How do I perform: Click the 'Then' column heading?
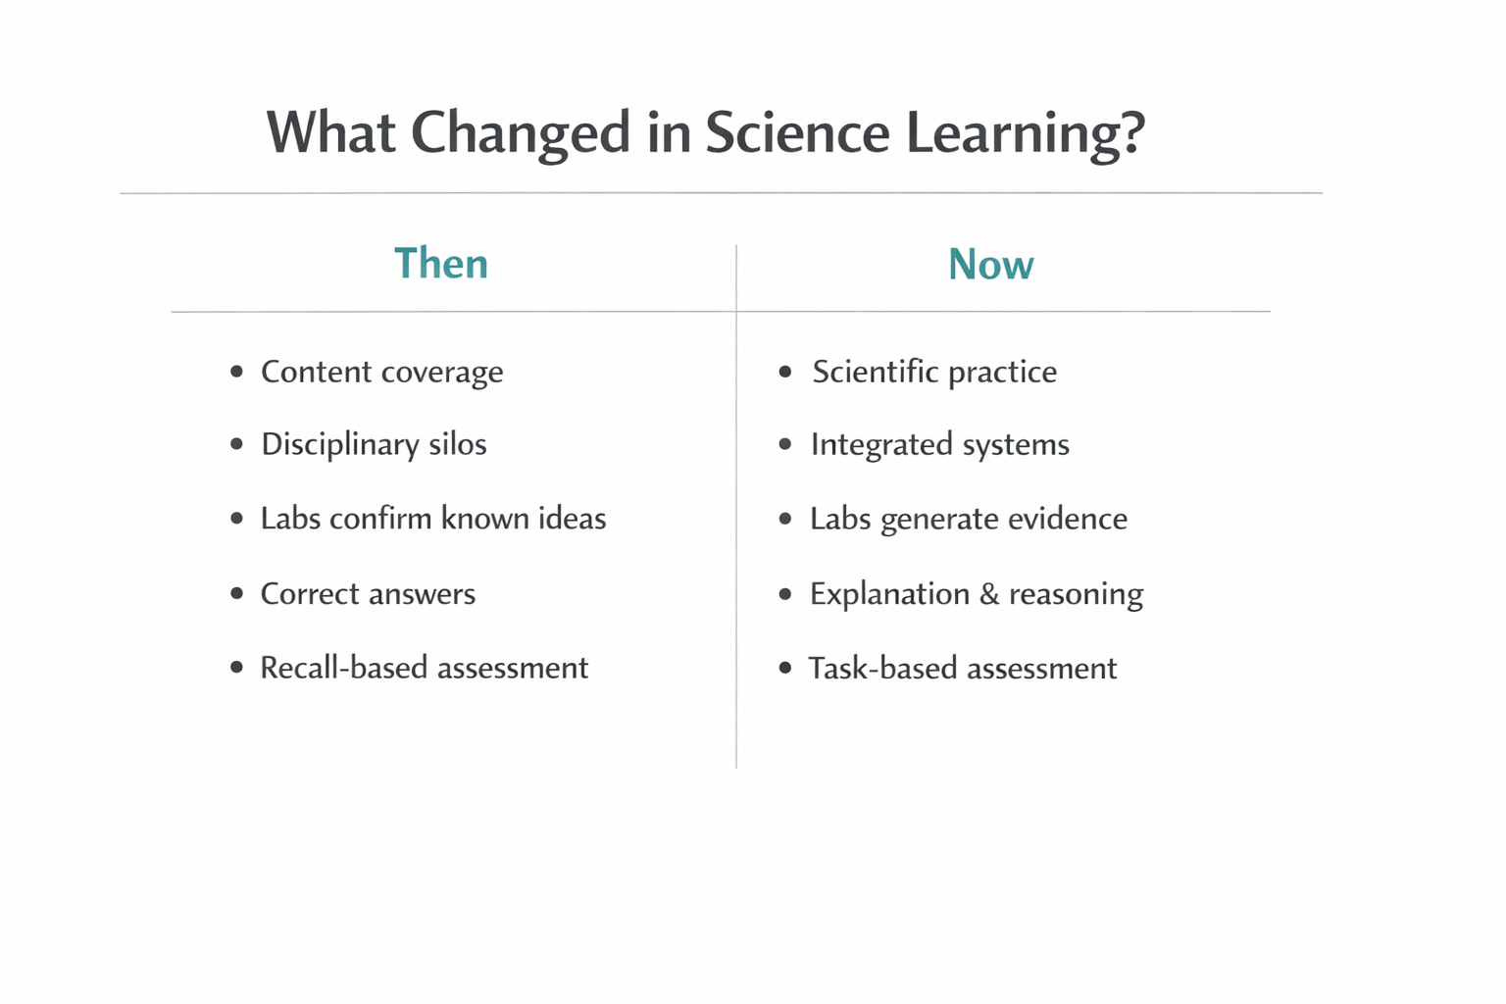(441, 264)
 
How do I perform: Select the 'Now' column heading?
(990, 265)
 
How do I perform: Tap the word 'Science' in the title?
(796, 132)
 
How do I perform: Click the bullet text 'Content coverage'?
(381, 373)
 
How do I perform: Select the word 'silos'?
(458, 444)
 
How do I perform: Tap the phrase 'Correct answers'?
(368, 593)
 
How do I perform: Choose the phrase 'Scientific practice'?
(934, 373)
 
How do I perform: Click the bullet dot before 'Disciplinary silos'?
(236, 444)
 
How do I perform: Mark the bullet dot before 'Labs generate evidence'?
(784, 518)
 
